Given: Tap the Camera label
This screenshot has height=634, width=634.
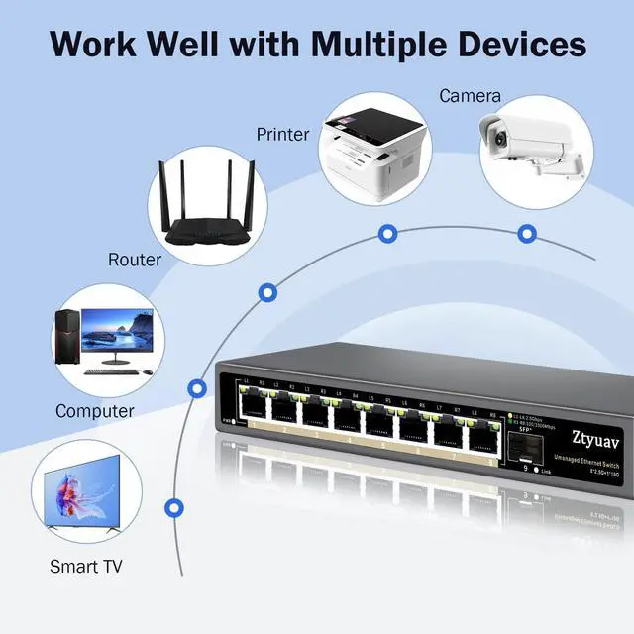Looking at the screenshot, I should pyautogui.click(x=470, y=97).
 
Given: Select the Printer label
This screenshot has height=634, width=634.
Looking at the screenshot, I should pyautogui.click(x=283, y=134).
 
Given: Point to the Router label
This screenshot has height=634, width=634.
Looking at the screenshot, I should pyautogui.click(x=135, y=260).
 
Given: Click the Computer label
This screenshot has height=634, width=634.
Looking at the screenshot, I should pyautogui.click(x=95, y=410).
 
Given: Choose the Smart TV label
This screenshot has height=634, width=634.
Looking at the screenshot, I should pyautogui.click(x=86, y=568).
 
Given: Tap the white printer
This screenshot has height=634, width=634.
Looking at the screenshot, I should pyautogui.click(x=370, y=154).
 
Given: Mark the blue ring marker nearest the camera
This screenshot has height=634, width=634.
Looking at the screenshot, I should pyautogui.click(x=527, y=233).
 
